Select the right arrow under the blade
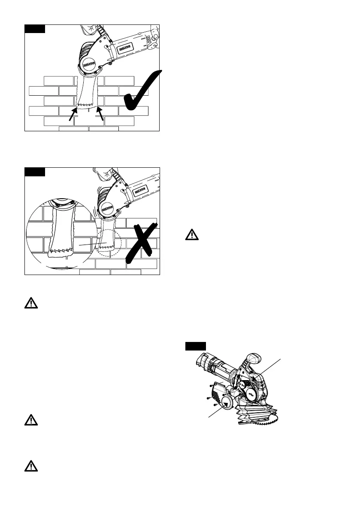click(101, 113)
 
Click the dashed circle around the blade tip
click(109, 243)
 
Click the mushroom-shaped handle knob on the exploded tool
click(253, 358)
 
